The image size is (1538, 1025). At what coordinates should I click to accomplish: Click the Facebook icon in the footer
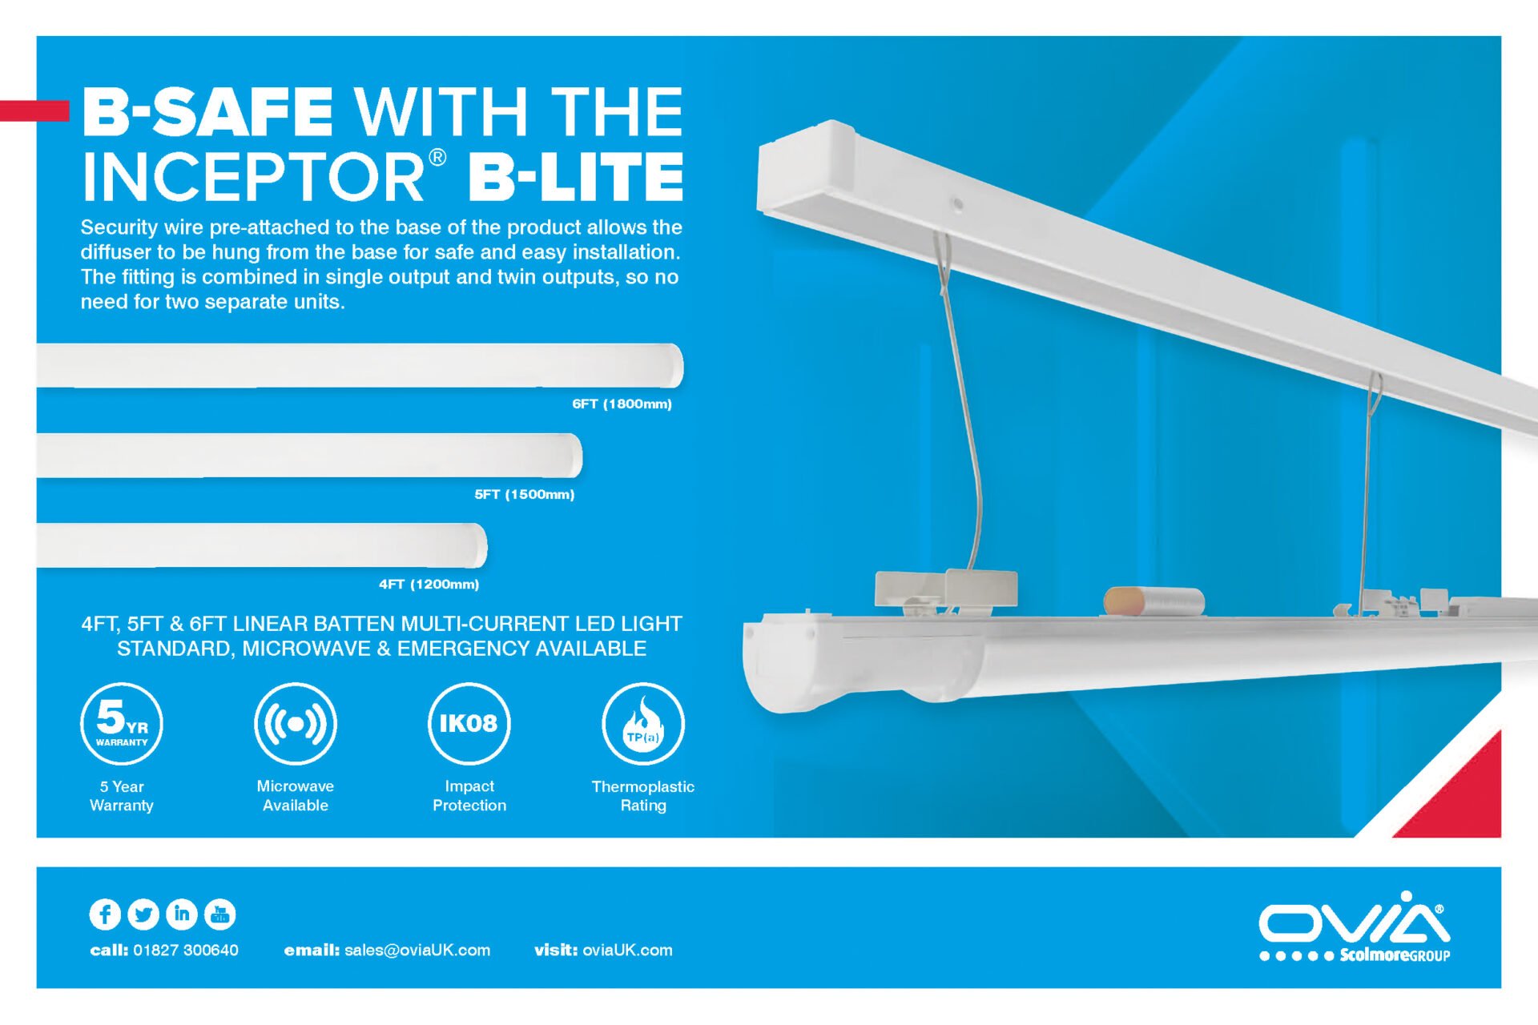coord(105,914)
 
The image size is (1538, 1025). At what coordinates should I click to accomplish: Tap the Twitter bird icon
coord(143,914)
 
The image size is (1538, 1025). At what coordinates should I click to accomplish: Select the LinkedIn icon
coord(182,914)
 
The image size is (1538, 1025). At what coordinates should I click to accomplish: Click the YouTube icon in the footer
coord(220,914)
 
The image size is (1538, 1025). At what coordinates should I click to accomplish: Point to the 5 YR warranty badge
coord(122,723)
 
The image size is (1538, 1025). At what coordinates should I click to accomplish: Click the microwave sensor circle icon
coord(296,723)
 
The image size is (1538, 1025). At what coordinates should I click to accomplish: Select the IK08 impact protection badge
coord(469,723)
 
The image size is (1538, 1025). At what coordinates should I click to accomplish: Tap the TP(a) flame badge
coord(643,723)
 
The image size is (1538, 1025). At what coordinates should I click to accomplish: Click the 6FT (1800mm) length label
coord(622,404)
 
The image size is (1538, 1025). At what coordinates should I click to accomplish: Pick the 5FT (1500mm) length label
coord(524,494)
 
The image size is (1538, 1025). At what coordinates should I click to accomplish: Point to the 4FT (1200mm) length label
coord(429,584)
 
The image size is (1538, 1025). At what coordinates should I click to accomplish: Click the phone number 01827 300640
coord(185,951)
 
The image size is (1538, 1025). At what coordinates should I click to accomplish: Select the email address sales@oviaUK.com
coord(417,951)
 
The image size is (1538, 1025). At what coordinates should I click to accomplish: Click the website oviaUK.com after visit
coord(627,951)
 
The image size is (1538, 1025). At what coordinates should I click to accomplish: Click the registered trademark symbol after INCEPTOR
coord(437,157)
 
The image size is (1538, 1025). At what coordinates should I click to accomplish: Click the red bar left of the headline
coord(34,111)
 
